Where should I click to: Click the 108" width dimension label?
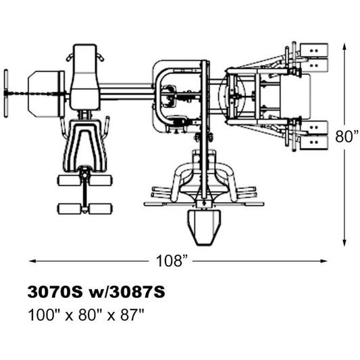point(172,261)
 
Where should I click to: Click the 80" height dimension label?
point(346,136)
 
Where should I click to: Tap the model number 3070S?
point(55,292)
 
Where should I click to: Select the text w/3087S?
point(127,292)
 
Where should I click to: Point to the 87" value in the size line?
point(132,315)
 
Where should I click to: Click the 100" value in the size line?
point(44,315)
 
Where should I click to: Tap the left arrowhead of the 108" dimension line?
point(32,261)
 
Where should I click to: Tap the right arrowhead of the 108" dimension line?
point(324,261)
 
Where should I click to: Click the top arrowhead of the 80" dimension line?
point(344,47)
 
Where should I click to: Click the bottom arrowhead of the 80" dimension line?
point(344,243)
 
